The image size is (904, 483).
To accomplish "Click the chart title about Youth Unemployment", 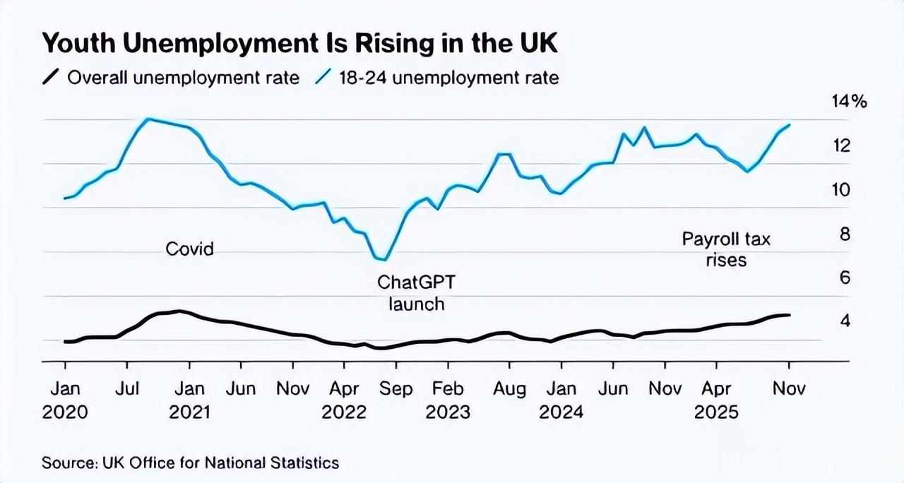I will tap(300, 44).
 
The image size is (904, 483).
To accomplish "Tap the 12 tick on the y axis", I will tap(842, 146).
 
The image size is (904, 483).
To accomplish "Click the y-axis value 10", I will tap(842, 190).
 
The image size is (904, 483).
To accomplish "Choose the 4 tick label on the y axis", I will tap(844, 321).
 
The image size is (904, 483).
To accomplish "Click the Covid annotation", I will tap(189, 249).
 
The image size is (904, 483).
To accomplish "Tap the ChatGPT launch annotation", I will tap(417, 293).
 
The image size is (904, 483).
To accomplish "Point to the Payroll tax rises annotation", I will tap(726, 249).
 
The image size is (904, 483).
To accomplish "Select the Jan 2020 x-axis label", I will tap(65, 400).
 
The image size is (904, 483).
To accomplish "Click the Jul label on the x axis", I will tap(127, 389).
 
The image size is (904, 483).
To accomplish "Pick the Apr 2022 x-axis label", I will tap(344, 400).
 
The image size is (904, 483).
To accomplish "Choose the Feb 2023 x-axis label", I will tap(448, 400).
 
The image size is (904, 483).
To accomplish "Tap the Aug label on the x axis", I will tap(509, 389).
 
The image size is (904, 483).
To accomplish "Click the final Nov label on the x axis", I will tap(788, 389).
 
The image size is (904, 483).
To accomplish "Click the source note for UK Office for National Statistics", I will tap(190, 463).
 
